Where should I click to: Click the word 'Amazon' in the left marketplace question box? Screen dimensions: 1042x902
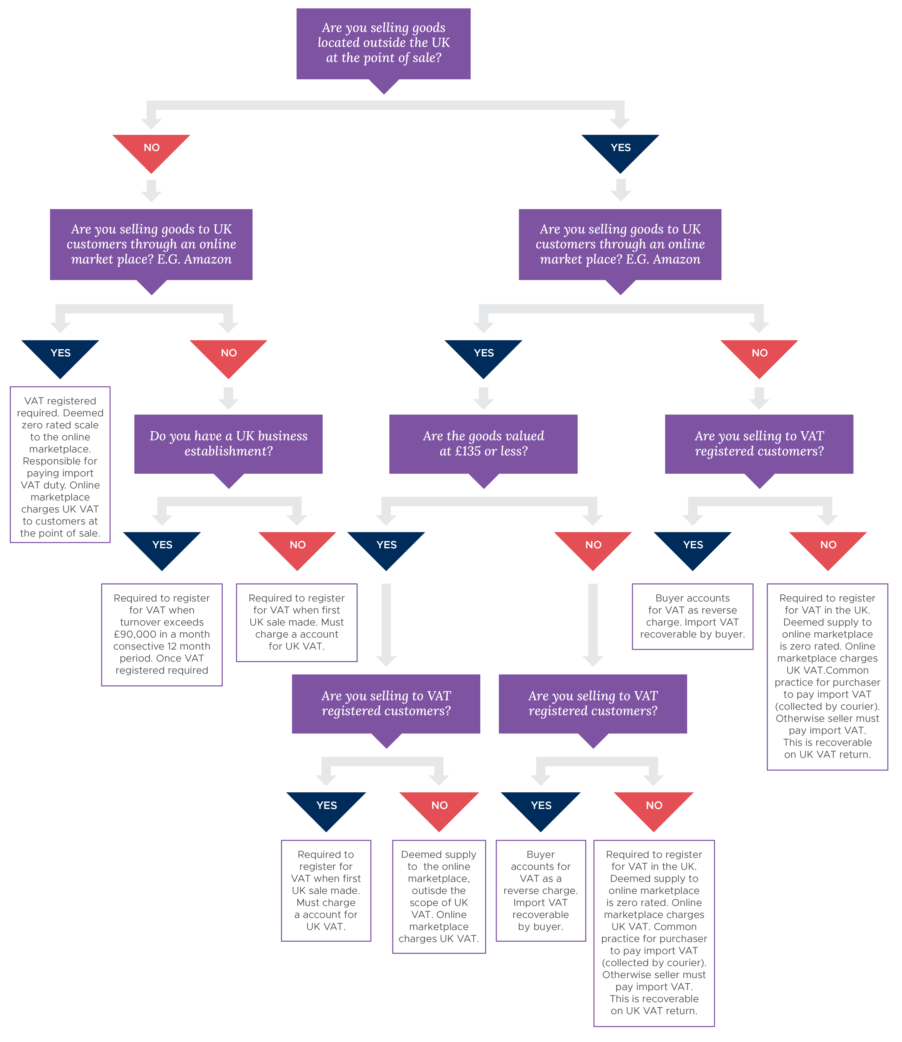click(x=207, y=260)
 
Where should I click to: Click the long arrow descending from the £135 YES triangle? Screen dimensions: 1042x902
click(x=386, y=624)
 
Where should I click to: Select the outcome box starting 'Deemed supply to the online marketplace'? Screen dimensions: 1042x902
click(x=439, y=897)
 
